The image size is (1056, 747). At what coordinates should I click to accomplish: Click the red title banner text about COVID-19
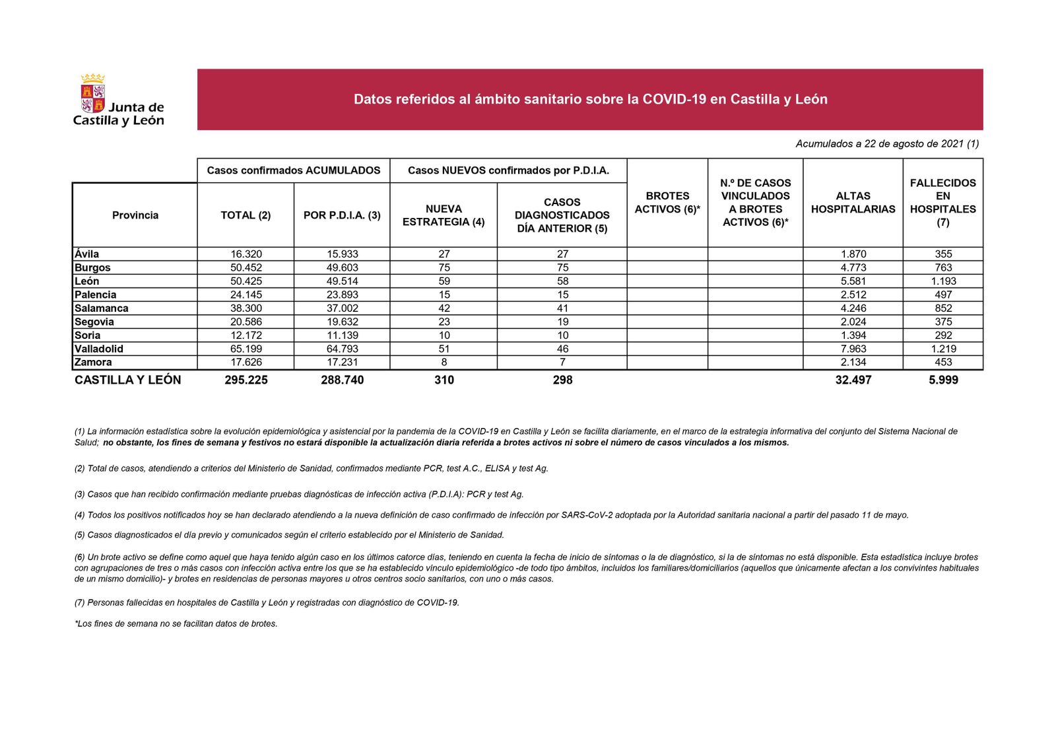pos(590,100)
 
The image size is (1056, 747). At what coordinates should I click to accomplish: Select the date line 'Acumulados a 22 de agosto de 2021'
pos(886,144)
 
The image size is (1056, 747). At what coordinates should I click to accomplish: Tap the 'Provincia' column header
pos(135,215)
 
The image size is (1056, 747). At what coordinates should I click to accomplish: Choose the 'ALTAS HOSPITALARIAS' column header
pos(853,203)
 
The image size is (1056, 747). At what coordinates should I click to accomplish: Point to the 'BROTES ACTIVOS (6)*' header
pos(667,203)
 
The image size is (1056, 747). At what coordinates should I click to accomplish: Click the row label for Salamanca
pos(102,308)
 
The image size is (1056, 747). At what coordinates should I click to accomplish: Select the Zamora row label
pos(93,363)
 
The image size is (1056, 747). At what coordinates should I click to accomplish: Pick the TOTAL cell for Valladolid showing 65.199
pos(246,349)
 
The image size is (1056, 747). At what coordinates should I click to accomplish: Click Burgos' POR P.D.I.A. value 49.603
pos(342,267)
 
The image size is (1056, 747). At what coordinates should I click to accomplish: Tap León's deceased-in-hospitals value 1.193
pos(943,281)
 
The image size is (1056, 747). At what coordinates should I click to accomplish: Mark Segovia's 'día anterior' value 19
pos(562,322)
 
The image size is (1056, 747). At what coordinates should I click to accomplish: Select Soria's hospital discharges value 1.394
pos(853,336)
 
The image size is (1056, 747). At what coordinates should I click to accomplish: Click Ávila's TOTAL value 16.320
pos(246,254)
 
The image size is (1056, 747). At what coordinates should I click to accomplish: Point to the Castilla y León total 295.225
pos(246,380)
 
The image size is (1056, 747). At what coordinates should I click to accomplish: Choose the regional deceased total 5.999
pos(943,380)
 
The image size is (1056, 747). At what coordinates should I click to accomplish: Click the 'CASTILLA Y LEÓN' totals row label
pos(127,380)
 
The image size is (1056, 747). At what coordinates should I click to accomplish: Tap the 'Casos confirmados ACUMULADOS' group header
pos(294,170)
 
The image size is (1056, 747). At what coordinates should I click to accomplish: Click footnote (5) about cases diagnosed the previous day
pos(289,535)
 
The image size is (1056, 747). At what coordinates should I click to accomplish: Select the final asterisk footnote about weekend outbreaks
pos(176,623)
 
